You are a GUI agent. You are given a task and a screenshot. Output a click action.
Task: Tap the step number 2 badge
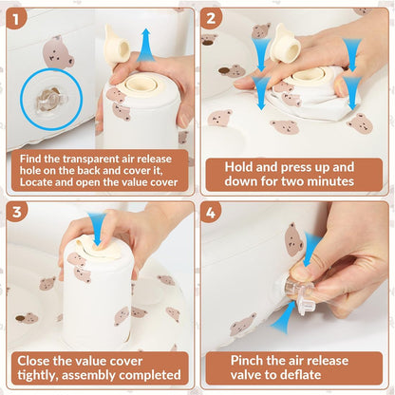(210, 18)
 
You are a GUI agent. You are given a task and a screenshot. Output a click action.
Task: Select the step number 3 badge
(16, 212)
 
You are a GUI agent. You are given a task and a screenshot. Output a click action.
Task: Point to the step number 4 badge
(210, 213)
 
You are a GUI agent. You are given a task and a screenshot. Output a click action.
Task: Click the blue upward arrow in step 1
(146, 45)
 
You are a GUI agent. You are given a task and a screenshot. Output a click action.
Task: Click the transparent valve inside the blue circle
(51, 99)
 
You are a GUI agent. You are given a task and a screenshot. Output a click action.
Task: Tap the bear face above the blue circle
(58, 53)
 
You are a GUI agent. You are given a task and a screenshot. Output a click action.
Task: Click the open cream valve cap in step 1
(117, 46)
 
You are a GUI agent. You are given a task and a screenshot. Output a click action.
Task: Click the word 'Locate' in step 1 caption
(34, 182)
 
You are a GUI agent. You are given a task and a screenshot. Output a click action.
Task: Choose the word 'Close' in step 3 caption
(33, 361)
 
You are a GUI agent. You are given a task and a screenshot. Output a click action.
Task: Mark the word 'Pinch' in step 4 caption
(247, 361)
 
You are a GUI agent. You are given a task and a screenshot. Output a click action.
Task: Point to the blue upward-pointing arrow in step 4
(283, 317)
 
